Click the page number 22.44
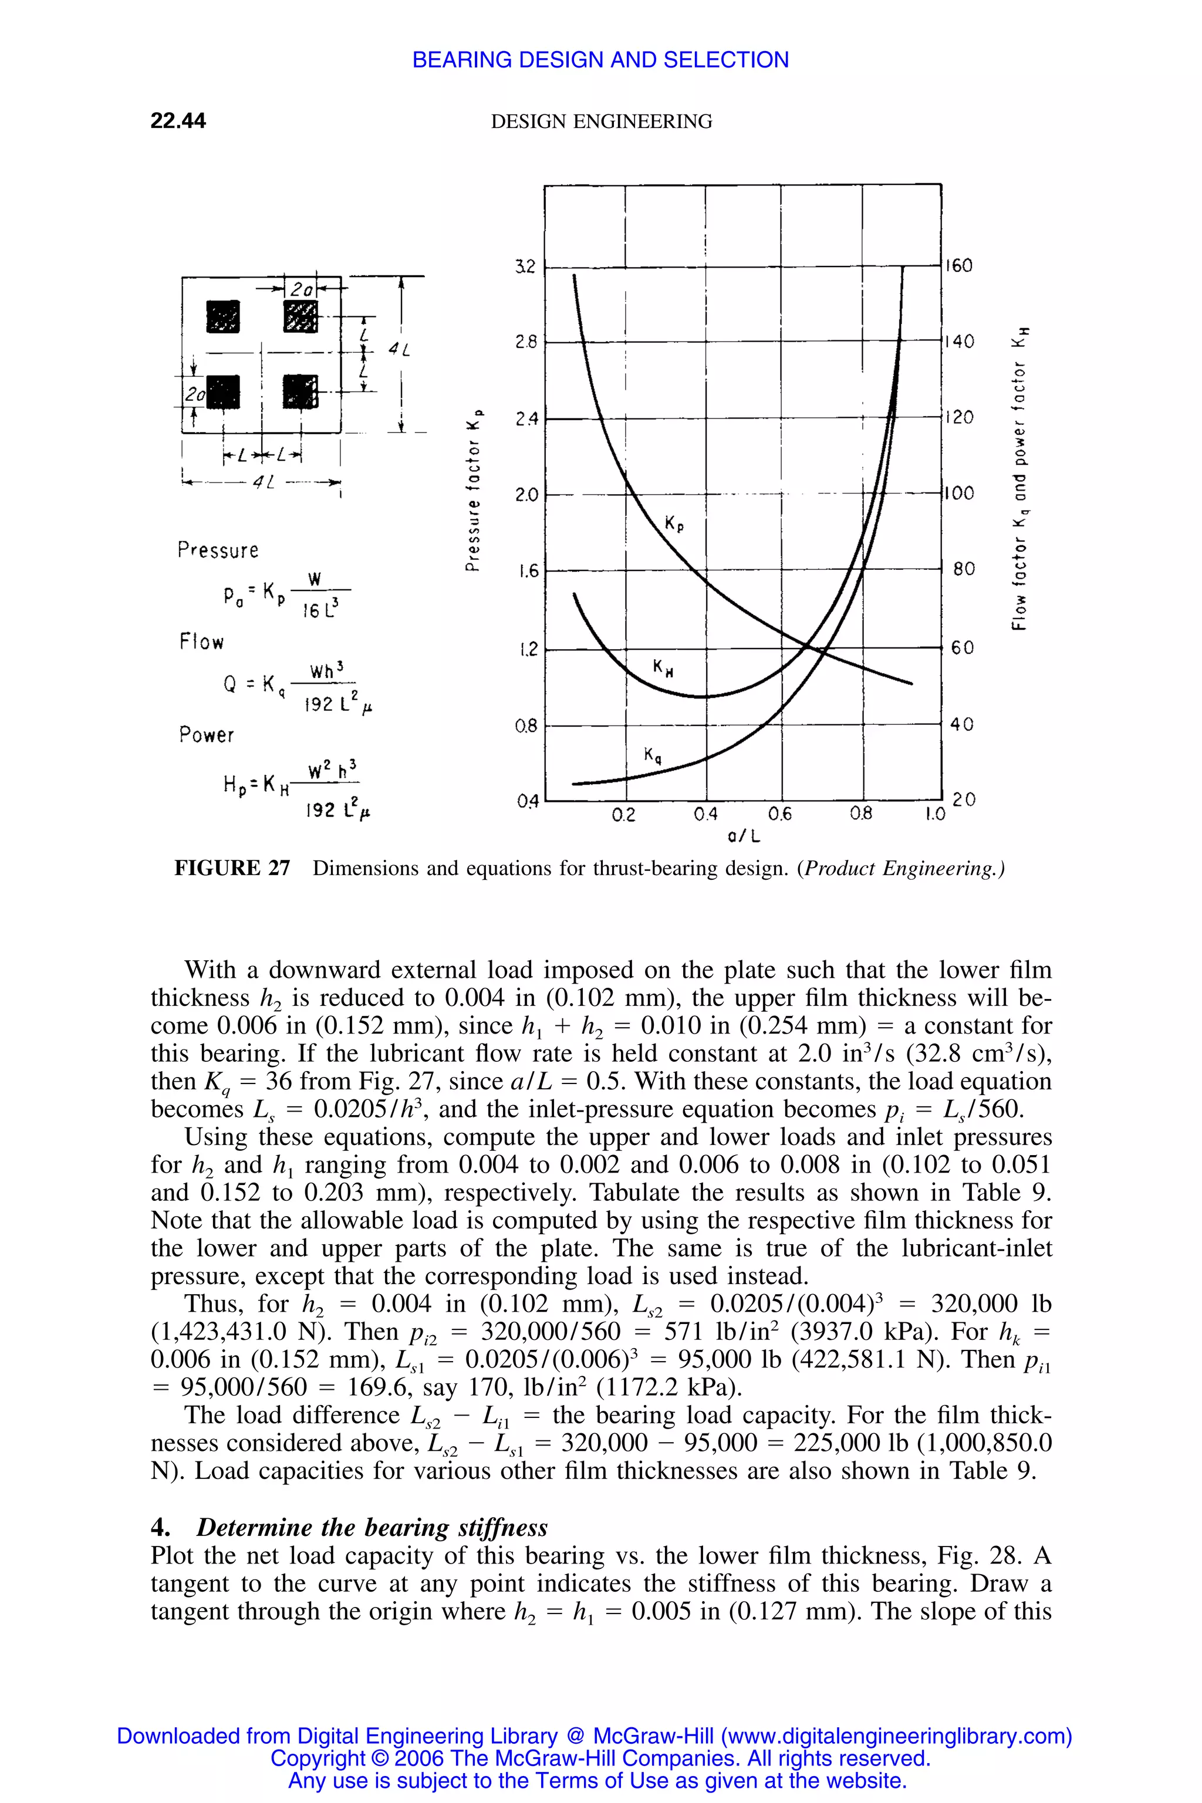(x=178, y=121)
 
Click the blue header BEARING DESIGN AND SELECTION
(x=600, y=60)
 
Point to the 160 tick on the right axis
(x=958, y=266)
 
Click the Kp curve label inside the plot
(x=674, y=524)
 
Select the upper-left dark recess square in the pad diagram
(x=223, y=316)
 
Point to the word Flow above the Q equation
(x=202, y=641)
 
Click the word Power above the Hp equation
(x=206, y=734)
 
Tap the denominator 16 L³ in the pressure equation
(x=320, y=610)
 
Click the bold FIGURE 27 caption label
(x=232, y=868)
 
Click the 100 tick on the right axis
(x=958, y=493)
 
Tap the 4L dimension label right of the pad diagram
(x=399, y=350)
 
